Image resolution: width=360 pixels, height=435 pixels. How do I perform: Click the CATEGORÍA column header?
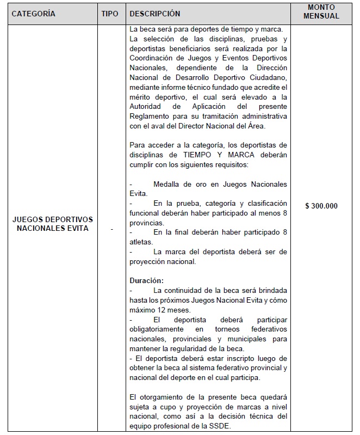pos(34,14)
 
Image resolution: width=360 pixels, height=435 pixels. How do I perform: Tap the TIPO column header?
pos(110,14)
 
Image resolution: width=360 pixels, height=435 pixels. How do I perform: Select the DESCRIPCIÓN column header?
pos(155,14)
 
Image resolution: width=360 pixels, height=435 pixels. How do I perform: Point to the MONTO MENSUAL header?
pos(321,12)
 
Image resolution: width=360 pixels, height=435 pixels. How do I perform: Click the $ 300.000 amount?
pos(321,206)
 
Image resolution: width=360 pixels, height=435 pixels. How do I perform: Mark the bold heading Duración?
pos(146,280)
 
